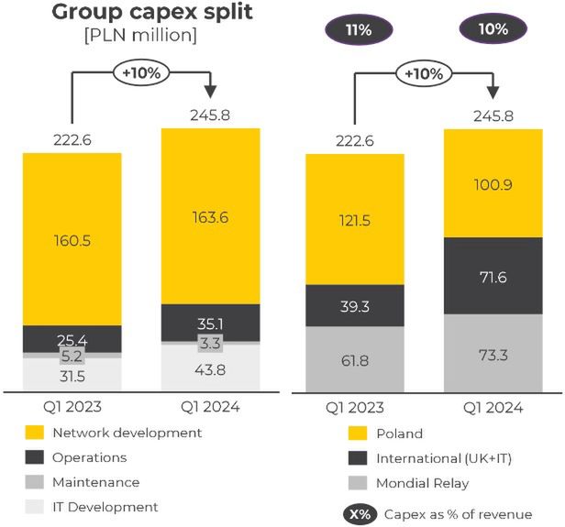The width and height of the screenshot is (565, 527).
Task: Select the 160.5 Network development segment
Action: [x=72, y=239]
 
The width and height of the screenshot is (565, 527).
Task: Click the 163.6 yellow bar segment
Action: [x=210, y=216]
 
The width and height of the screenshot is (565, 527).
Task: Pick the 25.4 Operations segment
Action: [x=72, y=338]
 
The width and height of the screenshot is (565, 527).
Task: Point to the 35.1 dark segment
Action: [x=210, y=322]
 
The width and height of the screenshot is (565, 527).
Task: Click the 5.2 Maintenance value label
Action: [x=72, y=355]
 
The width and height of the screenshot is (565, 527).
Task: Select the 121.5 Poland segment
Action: [x=354, y=220]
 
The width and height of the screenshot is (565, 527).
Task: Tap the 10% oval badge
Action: [x=493, y=29]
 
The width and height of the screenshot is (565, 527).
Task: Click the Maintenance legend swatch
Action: [x=35, y=482]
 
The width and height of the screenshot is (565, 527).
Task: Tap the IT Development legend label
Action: [x=105, y=507]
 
